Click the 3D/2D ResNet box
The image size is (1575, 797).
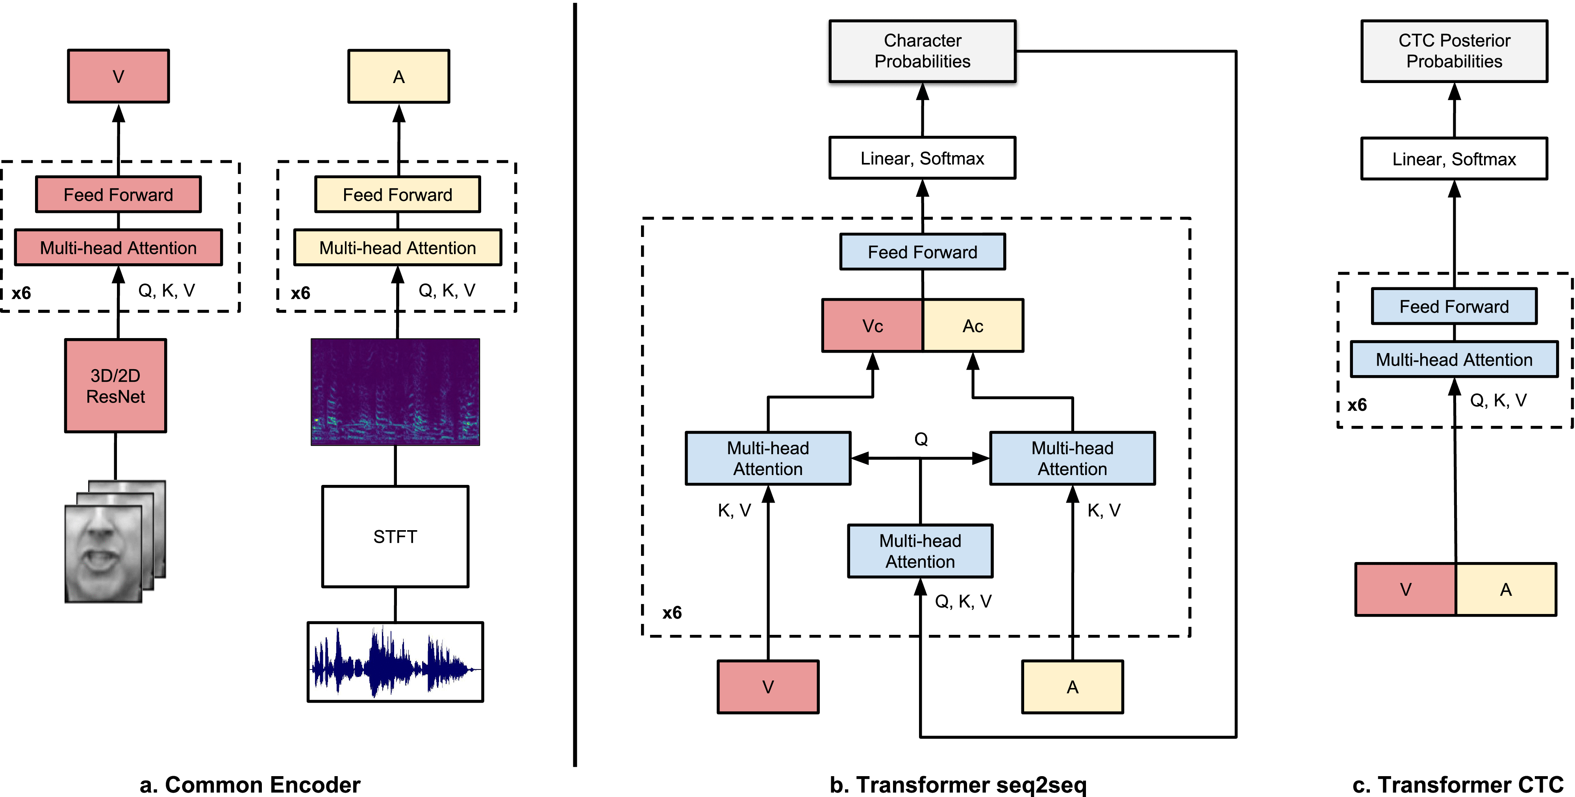(x=115, y=386)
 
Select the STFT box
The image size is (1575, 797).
(x=395, y=536)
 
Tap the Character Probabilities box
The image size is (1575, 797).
(x=922, y=51)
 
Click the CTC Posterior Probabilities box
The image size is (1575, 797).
(x=1454, y=51)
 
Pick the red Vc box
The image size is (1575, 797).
(x=873, y=326)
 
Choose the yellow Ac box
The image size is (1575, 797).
(x=973, y=326)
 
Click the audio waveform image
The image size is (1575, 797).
(x=395, y=662)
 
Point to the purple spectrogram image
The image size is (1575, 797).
(x=395, y=392)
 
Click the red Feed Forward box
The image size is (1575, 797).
(x=118, y=194)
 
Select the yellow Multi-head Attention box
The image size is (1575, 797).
(x=397, y=248)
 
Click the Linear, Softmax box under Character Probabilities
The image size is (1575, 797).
(x=922, y=158)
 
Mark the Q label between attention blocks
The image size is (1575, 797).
(x=921, y=439)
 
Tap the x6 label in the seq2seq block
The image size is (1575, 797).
(x=672, y=612)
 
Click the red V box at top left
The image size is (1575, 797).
(x=118, y=76)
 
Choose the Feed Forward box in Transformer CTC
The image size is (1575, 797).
(x=1454, y=306)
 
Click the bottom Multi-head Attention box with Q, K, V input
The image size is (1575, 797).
(x=920, y=551)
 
